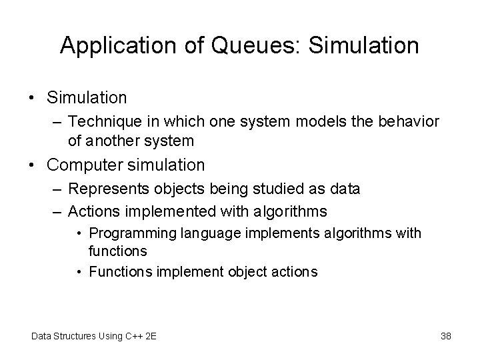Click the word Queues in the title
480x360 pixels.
[x=251, y=45]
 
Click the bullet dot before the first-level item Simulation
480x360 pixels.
[x=32, y=98]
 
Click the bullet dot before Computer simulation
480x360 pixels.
[x=32, y=165]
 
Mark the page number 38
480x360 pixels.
[x=445, y=335]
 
